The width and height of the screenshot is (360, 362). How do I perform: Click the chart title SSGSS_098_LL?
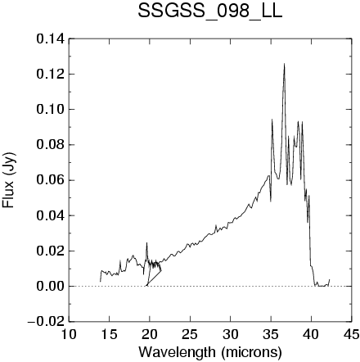coord(209,11)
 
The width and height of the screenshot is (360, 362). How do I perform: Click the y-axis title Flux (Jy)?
coord(9,180)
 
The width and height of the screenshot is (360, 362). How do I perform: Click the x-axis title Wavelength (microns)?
coord(210,351)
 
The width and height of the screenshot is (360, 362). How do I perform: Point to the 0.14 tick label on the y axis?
coord(51,39)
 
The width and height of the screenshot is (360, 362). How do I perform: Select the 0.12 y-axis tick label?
coord(51,75)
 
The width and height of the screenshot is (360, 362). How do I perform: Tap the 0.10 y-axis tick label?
coord(51,110)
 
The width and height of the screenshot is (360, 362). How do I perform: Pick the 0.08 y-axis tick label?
coord(51,145)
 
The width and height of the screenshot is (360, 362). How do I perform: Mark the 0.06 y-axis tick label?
coord(51,180)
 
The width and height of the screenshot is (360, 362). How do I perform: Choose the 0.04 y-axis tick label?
coord(51,215)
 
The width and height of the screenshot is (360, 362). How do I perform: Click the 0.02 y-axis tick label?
coord(51,251)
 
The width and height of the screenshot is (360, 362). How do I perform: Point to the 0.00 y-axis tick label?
coord(51,287)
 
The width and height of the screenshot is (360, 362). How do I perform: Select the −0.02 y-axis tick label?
coord(47,322)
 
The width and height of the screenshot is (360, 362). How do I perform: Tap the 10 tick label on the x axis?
coord(69,334)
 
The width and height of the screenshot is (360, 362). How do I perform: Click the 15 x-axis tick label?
coord(109,334)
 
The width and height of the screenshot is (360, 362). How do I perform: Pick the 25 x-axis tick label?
coord(190,334)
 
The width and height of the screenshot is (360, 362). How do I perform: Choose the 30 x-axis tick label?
coord(230,334)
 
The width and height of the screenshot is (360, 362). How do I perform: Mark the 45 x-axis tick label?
coord(351,334)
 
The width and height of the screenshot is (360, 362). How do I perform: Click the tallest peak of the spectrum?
coord(284,64)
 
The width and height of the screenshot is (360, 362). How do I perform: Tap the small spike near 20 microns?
coord(146,243)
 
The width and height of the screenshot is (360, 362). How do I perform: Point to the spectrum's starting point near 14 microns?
coord(101,281)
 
